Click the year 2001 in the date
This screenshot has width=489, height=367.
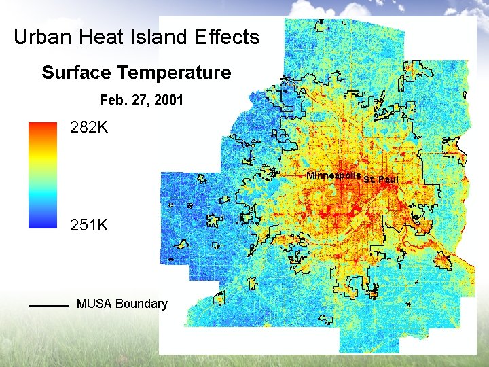coord(168,100)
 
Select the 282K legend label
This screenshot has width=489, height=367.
coord(89,128)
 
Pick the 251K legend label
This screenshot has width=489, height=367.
coord(89,224)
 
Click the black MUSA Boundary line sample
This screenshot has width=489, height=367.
coord(49,306)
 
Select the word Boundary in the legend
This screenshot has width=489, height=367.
coord(141,304)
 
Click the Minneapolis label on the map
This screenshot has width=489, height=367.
coord(333,175)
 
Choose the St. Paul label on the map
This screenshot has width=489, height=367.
coord(381,179)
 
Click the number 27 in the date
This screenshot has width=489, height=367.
coord(139,100)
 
